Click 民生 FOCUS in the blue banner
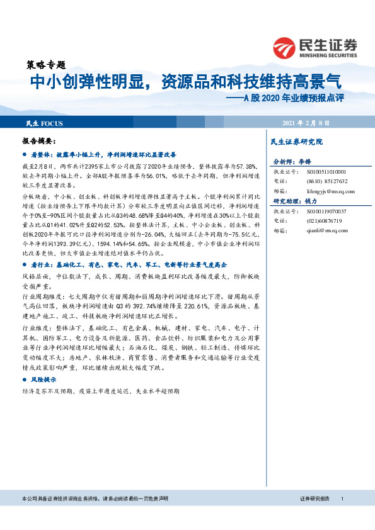44,122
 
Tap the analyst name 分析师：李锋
294,161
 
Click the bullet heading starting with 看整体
107,154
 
